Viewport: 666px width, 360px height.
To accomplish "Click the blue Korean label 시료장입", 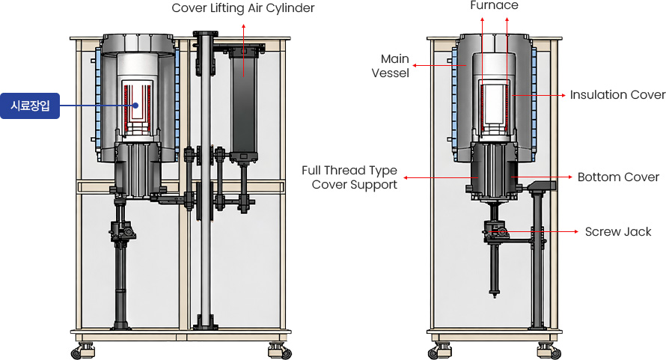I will [30, 106].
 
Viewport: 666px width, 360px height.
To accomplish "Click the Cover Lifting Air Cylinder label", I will [242, 8].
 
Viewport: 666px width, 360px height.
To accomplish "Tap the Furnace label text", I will [494, 5].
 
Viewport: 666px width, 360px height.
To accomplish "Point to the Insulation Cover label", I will [617, 95].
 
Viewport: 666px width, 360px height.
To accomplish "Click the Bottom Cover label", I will [618, 177].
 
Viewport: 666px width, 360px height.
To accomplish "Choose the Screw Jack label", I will [618, 232].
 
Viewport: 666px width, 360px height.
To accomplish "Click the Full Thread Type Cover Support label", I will [349, 177].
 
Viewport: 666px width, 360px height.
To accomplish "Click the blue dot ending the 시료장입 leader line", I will [135, 106].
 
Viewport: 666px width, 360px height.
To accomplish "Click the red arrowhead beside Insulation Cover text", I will [563, 95].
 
